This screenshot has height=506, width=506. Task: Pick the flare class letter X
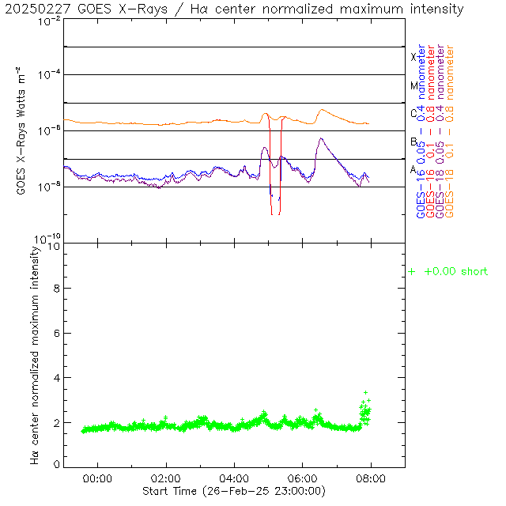coord(413,57)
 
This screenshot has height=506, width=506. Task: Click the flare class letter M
coord(413,85)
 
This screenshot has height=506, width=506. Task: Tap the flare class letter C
coord(413,114)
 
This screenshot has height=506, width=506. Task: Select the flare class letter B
coord(413,142)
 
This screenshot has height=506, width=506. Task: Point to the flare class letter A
coord(413,169)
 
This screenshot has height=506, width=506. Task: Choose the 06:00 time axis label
coord(303,478)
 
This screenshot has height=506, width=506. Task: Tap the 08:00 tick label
coord(371,478)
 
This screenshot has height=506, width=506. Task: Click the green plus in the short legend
coord(411,272)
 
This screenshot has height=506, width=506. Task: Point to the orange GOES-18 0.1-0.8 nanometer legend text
coord(450,130)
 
